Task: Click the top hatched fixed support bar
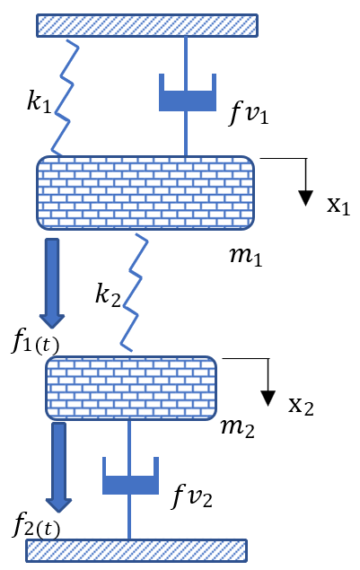[144, 25]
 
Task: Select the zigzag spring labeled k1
[65, 99]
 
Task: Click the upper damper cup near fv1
[188, 94]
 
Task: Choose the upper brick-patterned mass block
[145, 192]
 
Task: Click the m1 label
[244, 257]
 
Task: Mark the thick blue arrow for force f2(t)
[60, 466]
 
